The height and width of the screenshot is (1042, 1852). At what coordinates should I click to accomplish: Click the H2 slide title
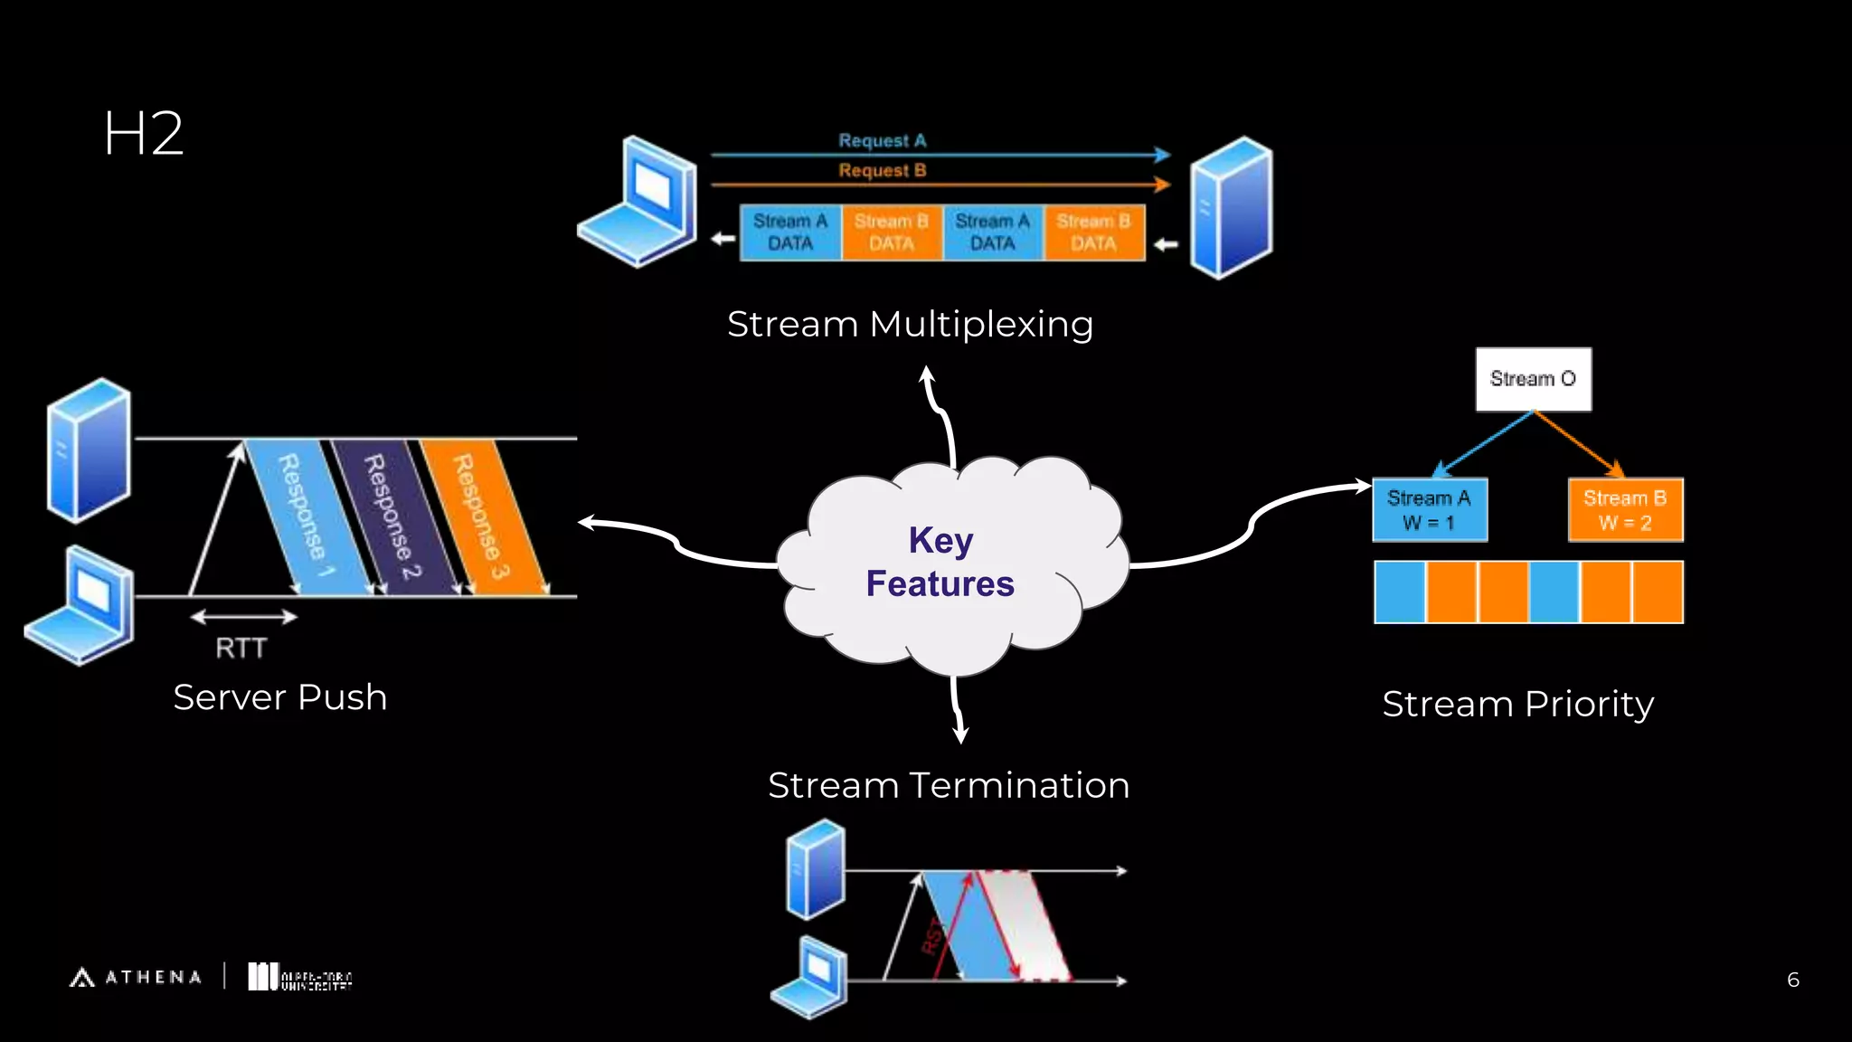click(x=143, y=134)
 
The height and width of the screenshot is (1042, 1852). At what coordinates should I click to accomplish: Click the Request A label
click(x=882, y=140)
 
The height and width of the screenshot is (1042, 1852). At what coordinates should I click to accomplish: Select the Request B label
click(x=882, y=170)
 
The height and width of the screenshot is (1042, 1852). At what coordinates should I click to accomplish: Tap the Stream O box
click(x=1533, y=379)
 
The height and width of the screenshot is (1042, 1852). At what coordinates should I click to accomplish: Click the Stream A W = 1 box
click(x=1429, y=510)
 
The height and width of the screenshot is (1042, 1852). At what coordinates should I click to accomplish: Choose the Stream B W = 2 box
click(x=1625, y=510)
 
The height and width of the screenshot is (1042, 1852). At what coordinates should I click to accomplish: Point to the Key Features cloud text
click(x=940, y=562)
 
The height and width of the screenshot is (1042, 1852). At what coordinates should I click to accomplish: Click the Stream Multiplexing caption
click(x=910, y=324)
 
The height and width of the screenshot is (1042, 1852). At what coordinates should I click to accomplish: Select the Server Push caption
click(x=279, y=697)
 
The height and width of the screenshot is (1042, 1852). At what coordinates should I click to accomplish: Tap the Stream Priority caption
click(x=1517, y=704)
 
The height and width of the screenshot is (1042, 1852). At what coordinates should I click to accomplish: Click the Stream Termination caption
click(x=948, y=785)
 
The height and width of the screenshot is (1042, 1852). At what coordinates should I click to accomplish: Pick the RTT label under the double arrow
click(x=241, y=648)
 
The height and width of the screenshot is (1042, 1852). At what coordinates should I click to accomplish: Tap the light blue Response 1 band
click(x=305, y=516)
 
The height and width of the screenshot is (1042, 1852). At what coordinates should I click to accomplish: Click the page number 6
click(x=1792, y=980)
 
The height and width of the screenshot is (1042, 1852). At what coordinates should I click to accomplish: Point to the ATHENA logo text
click(x=152, y=977)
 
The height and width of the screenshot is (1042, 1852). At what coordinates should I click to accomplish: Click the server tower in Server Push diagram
click(x=89, y=450)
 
